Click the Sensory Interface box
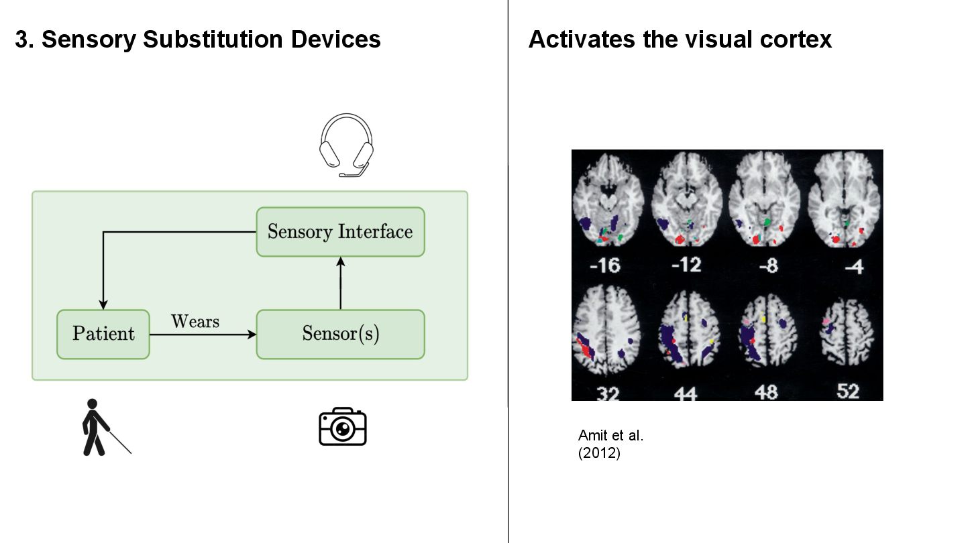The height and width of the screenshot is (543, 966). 340,232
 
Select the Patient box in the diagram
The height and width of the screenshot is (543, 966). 103,334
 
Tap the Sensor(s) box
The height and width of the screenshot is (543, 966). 340,334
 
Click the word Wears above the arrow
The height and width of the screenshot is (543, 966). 195,321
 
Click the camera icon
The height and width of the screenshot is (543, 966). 342,426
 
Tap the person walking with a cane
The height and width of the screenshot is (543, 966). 101,428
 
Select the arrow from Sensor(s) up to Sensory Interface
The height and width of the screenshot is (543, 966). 340,282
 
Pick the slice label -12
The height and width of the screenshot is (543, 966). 686,264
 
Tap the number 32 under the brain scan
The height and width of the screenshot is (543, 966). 608,391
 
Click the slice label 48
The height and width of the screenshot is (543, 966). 766,391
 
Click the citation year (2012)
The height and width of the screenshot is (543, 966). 599,453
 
